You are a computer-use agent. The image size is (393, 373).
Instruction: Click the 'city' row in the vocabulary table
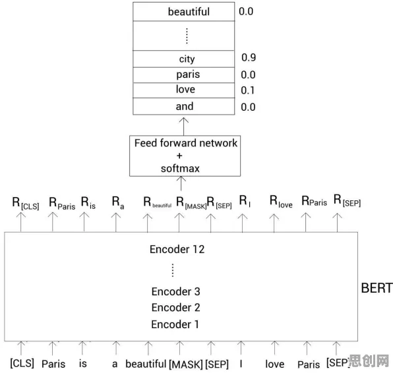coord(184,59)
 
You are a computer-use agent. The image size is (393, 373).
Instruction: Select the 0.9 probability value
coord(249,57)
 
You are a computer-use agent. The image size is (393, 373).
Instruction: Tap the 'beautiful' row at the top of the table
coord(184,11)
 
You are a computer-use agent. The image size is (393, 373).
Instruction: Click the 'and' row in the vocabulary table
coord(184,106)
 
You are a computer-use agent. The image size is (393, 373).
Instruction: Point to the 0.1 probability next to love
coord(248,90)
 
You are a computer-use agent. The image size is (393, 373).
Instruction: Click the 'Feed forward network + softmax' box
coord(185,156)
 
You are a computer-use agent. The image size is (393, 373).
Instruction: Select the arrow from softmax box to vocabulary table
coord(184,127)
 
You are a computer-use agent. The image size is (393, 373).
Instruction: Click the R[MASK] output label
coord(191,202)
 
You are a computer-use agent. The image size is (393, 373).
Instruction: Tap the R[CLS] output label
coord(26,203)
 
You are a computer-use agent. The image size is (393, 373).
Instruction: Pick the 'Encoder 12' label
coord(177,249)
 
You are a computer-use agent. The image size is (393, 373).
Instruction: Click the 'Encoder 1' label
coord(175,324)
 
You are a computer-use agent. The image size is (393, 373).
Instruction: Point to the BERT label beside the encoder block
coord(377,288)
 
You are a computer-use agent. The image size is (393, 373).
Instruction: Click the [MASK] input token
coord(186,364)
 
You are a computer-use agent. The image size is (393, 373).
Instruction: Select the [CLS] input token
coord(22,363)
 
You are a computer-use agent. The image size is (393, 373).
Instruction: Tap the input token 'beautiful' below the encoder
coord(146,364)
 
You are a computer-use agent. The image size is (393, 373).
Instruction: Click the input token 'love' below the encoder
coord(275,364)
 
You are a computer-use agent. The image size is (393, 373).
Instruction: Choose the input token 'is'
coord(82,364)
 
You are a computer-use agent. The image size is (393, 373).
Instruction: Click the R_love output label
coord(281,202)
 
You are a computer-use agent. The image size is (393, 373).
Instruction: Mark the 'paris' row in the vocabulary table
coord(184,74)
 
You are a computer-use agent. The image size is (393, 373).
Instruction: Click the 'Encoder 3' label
coord(175,291)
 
